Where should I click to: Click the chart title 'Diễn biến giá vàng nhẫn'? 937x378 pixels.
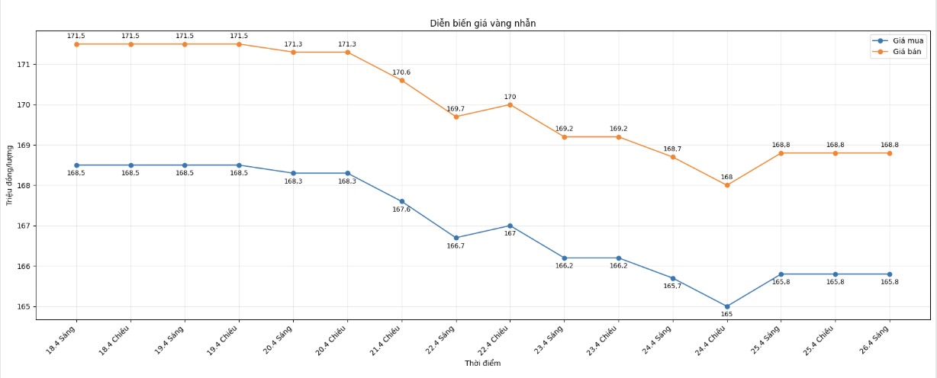coord(483,24)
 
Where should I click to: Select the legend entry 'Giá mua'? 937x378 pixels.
coord(908,40)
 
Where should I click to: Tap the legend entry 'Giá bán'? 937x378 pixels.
coord(908,52)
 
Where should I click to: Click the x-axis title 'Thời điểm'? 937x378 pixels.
coord(483,364)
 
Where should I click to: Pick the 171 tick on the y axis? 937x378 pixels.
coord(23,65)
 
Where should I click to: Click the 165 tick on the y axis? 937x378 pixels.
coord(23,307)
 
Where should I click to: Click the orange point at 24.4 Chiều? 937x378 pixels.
coord(727,185)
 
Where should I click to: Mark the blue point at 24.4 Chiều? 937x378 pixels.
coord(727,306)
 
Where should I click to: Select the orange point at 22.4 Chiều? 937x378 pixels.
coord(510,104)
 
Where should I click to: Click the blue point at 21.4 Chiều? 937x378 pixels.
coord(402,201)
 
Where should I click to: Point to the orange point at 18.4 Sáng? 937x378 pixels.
coord(76,44)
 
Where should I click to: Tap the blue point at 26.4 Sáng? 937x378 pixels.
coord(890,274)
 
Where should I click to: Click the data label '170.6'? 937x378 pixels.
coord(401,72)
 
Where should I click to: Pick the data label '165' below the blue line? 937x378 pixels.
coord(727,314)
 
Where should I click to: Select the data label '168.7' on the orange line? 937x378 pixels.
coord(673,149)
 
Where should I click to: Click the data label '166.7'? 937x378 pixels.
coord(456,245)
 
